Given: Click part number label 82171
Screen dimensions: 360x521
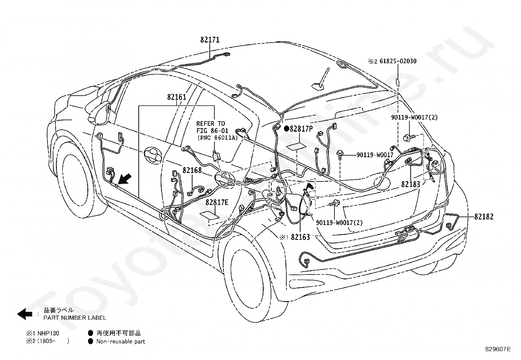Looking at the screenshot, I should coord(210,40).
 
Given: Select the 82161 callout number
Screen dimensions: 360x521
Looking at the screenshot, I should coord(176,97).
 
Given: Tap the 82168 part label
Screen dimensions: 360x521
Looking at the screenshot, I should coord(192,170).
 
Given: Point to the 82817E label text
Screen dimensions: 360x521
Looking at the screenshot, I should coord(217,202).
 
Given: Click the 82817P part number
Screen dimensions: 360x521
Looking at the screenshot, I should coord(301,129).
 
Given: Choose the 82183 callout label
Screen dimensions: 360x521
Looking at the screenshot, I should coord(411,184).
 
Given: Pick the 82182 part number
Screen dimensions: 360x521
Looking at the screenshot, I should coord(484,217).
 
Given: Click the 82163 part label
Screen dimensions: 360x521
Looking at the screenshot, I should coord(300,237).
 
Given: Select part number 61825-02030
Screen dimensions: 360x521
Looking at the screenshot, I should coord(398,61).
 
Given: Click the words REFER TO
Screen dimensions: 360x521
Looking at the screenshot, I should coord(210,123).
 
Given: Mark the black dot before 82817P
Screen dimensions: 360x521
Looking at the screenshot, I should coord(286,129).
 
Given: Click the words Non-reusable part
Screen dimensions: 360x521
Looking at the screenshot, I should coord(120,341).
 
